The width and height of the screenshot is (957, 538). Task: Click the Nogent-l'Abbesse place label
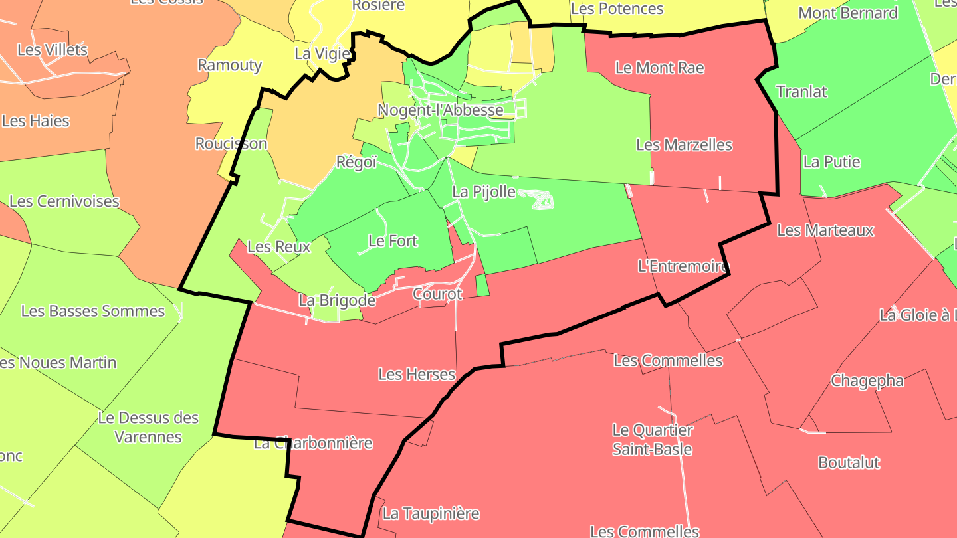point(440,110)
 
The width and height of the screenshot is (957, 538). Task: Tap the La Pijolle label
point(484,192)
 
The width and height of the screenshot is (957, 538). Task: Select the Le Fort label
point(393,241)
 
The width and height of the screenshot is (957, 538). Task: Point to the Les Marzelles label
point(684,145)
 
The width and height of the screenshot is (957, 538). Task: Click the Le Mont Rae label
point(659,68)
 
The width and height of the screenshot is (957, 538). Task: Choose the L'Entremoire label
point(683,266)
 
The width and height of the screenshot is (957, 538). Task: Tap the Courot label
point(437,294)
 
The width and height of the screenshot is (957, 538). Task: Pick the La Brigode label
point(337,300)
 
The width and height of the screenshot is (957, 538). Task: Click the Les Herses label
point(417,374)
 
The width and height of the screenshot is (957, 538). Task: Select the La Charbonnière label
point(313,443)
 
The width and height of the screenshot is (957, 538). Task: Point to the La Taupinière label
point(431,513)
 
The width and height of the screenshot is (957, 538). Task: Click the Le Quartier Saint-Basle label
point(652,440)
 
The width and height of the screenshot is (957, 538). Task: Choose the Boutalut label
point(849,462)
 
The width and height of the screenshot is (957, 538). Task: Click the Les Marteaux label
point(825,230)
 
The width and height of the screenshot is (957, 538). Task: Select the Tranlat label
point(801,92)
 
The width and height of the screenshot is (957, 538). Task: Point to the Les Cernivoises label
point(64,201)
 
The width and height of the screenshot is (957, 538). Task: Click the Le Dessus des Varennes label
point(148,427)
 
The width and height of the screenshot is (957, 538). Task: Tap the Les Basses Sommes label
point(93,311)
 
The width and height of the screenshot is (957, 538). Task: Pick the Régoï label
point(356,162)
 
